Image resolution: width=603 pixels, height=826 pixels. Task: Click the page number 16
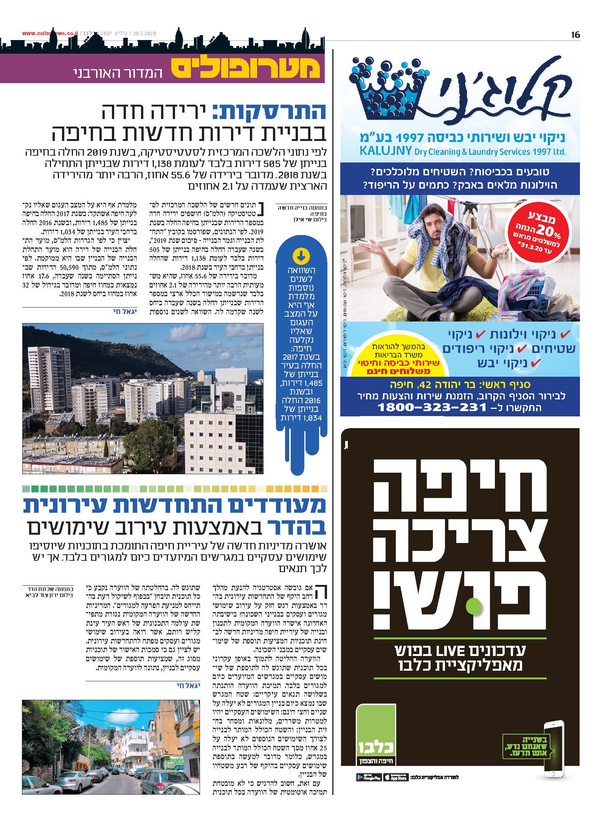tap(575, 35)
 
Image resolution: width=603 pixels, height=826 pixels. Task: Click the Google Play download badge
tap(369, 777)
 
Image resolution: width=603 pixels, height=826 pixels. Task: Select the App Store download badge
tap(395, 777)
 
